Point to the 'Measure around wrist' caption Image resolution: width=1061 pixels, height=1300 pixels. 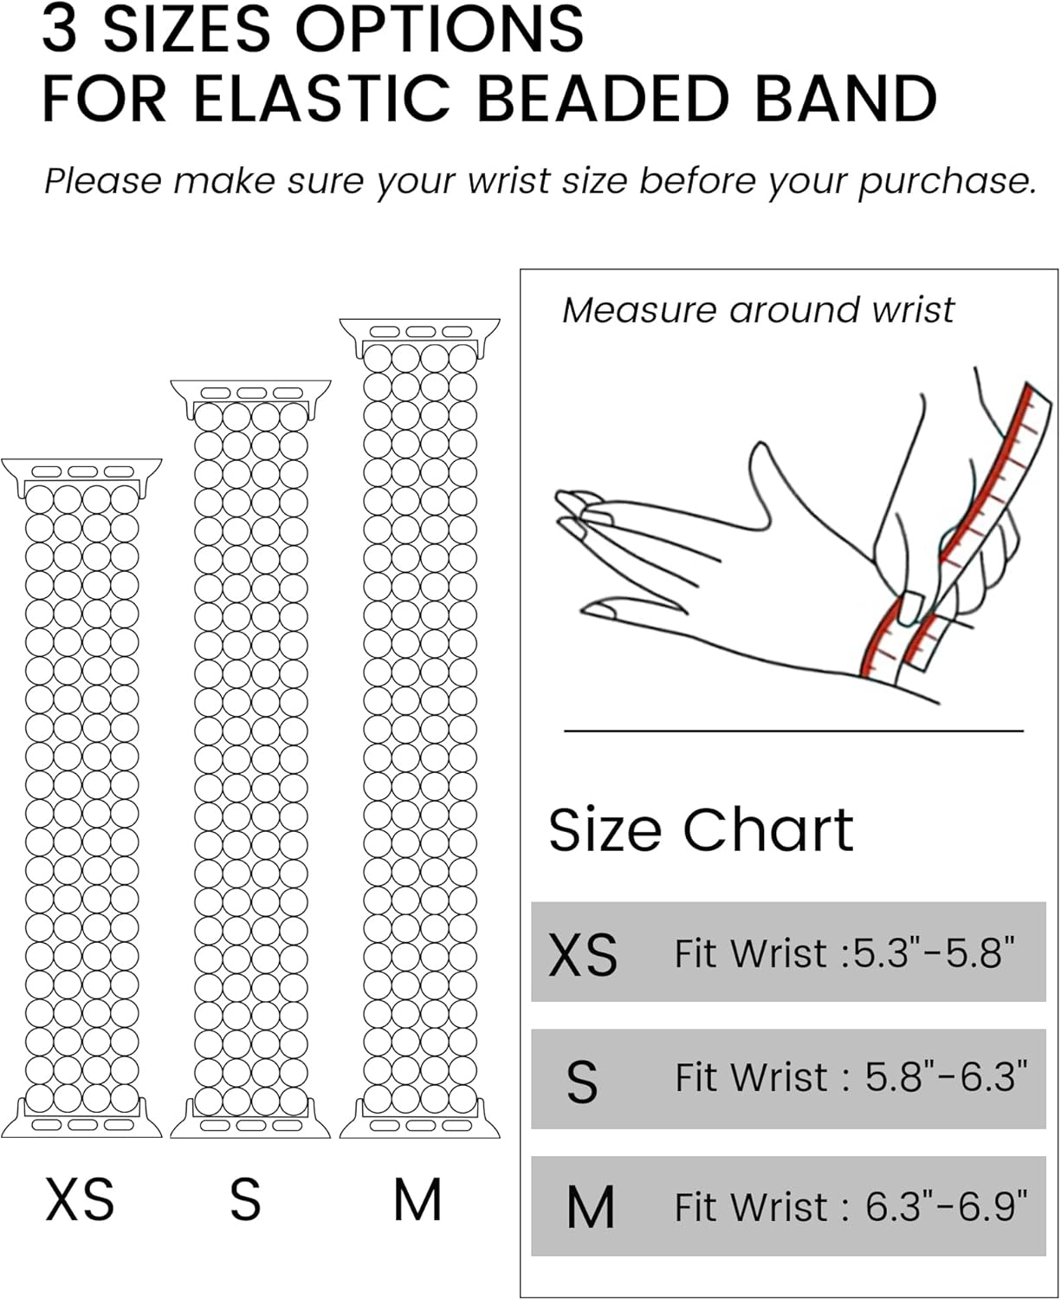pos(758,309)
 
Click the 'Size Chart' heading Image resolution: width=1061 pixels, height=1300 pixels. pos(701,829)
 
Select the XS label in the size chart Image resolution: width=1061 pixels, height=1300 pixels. pos(583,954)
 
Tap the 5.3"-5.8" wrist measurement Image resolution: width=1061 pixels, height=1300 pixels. pos(934,952)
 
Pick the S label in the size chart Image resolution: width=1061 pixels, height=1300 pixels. pos(582,1081)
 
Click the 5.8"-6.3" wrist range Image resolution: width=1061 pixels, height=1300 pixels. pos(946,1078)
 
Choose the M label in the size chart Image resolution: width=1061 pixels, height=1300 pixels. pos(590,1207)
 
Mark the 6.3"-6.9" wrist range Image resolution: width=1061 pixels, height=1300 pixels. pos(946,1206)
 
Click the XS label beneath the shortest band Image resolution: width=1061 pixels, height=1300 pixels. pos(80,1200)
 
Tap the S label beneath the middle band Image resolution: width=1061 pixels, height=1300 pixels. pos(245,1200)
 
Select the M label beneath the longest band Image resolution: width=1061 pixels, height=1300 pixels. pos(417,1200)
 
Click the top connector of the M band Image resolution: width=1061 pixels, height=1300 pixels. pos(420,332)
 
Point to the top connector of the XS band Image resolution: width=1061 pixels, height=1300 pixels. pos(81,472)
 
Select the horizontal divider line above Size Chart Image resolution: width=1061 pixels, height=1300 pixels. pos(793,731)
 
